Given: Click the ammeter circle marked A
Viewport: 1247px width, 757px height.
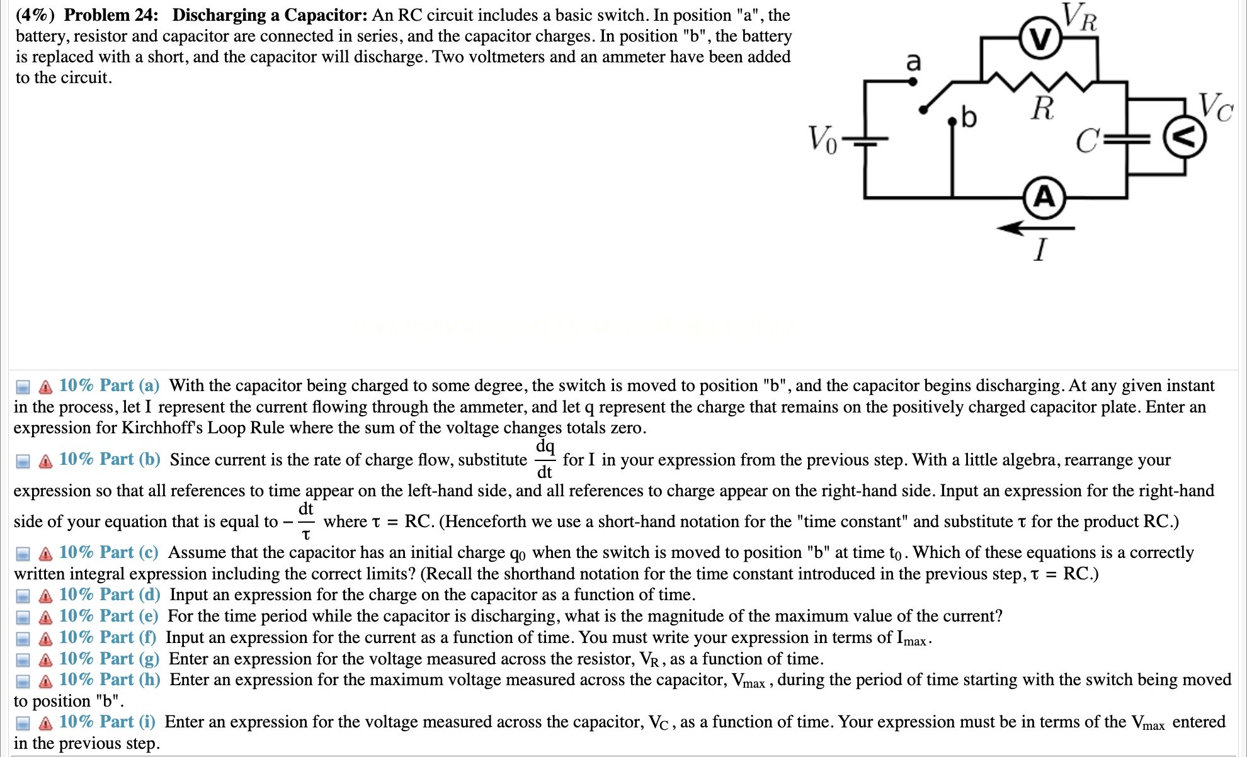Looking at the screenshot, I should [1044, 198].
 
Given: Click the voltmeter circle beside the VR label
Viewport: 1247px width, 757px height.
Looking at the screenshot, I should [1040, 40].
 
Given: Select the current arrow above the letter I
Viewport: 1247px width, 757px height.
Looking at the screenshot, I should [1035, 228].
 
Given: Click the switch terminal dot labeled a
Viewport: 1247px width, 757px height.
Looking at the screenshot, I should [913, 81].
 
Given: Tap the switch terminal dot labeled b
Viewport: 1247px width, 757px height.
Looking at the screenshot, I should [952, 122].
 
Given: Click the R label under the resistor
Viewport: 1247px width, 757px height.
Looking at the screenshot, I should [1042, 108].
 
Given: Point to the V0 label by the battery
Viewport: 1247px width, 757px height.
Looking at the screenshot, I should [822, 139].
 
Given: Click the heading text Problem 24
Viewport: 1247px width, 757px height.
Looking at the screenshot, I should [111, 15].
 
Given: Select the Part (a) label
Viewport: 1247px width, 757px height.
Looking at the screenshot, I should [109, 385].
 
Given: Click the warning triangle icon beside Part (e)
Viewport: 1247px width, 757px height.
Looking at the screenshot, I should [45, 617].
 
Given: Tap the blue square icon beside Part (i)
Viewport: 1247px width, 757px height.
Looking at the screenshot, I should [23, 723].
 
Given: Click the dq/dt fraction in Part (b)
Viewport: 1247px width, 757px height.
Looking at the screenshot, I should [544, 459].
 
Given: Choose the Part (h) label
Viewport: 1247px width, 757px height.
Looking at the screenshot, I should [110, 680].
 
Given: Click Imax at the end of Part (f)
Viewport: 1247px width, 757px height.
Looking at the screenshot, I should [911, 638].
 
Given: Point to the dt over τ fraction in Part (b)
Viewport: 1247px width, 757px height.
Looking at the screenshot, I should [306, 521].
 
